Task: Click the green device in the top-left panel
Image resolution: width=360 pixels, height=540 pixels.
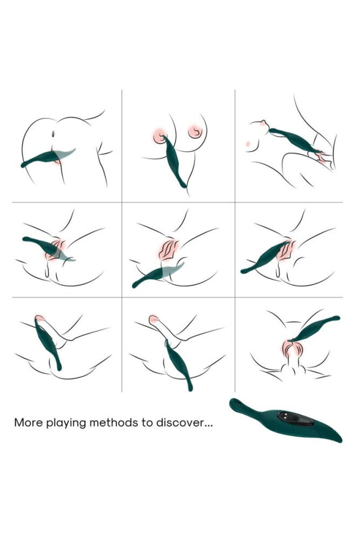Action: coord(46,157)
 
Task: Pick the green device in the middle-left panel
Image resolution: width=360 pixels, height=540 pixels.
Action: coord(46,247)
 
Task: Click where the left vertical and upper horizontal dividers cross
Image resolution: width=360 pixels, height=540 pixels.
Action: coord(122,202)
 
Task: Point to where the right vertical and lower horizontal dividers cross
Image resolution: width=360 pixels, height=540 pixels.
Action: coord(235,297)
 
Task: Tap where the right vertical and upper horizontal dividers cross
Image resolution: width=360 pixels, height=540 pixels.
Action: coord(235,202)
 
